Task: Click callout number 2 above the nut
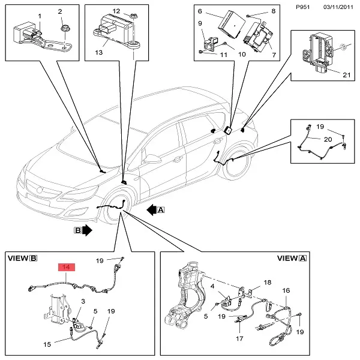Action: click(x=60, y=12)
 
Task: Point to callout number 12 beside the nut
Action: click(x=117, y=11)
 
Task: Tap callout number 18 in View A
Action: click(x=268, y=281)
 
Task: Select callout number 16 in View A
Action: click(x=286, y=290)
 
